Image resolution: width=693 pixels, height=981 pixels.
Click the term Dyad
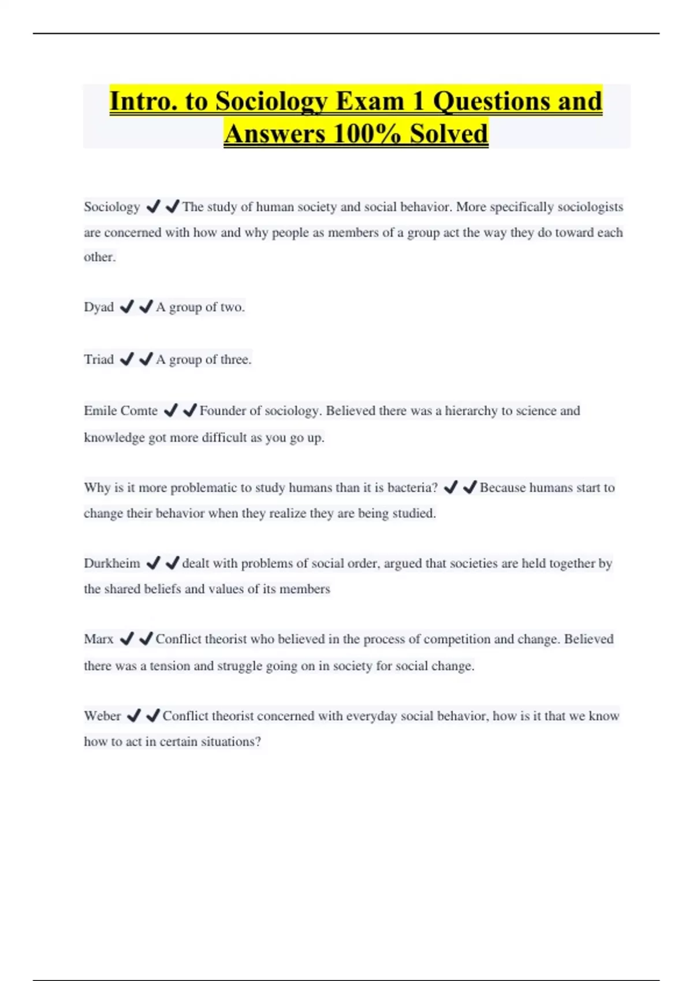click(99, 307)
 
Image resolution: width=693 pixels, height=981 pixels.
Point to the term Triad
click(99, 360)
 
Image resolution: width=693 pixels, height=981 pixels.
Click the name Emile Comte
click(121, 411)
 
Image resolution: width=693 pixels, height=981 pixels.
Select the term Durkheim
click(112, 563)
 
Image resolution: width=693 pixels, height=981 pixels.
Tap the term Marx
click(99, 639)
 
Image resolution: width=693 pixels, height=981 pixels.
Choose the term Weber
click(102, 716)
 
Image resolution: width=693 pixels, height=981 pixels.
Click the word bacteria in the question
click(412, 488)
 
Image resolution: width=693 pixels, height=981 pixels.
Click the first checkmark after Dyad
click(126, 307)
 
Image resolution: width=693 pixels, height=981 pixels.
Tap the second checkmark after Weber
click(153, 716)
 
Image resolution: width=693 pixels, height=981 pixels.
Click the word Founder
click(222, 411)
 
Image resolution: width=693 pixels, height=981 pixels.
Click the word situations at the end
click(230, 742)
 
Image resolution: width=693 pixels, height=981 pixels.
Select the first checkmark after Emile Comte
click(170, 411)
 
